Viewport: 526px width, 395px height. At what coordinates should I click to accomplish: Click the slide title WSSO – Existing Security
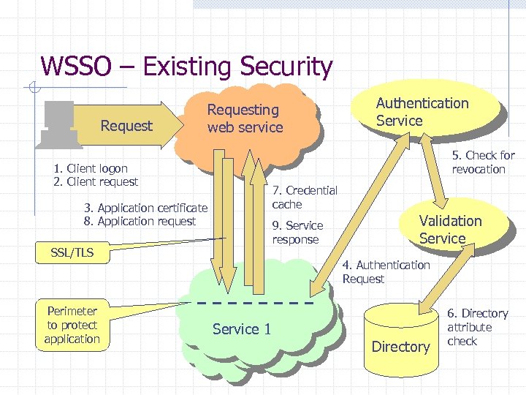(186, 67)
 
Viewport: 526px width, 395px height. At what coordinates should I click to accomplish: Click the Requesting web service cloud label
(245, 118)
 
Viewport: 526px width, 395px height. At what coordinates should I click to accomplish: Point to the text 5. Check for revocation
(483, 162)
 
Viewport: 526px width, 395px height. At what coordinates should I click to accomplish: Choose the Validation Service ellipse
(450, 229)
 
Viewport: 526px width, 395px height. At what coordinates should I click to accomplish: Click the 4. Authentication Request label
(386, 272)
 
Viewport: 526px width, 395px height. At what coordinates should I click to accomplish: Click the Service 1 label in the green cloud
(242, 329)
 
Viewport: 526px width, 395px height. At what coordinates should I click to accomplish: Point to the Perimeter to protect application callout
(72, 325)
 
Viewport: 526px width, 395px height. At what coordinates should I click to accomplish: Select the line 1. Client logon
(91, 168)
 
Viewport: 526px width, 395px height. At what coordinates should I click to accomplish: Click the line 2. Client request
(96, 181)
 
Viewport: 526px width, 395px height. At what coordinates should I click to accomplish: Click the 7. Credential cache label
(305, 197)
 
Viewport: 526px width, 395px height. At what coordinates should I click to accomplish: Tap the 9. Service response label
(297, 232)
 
